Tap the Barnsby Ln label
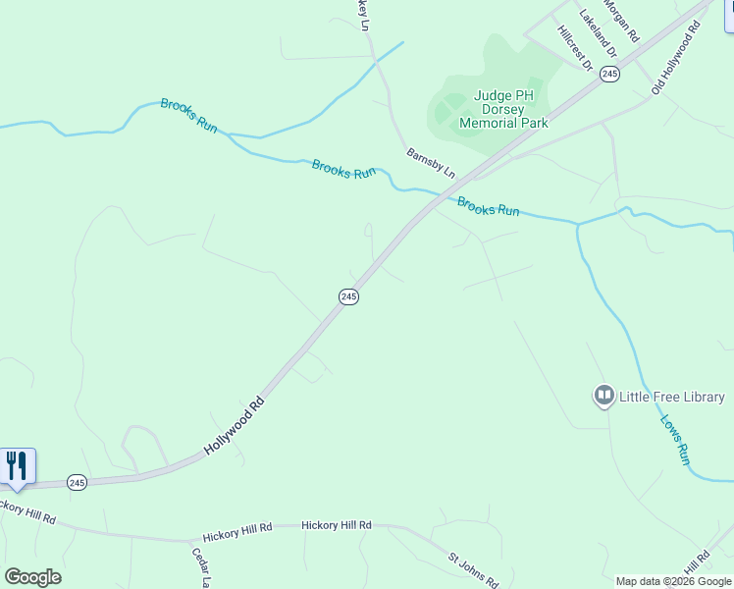click(x=431, y=162)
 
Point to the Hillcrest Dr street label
click(x=575, y=47)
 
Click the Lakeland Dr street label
click(x=598, y=31)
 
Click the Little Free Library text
click(x=672, y=397)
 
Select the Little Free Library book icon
click(x=603, y=397)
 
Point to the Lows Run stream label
click(x=675, y=440)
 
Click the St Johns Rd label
click(x=474, y=568)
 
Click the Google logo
click(x=32, y=577)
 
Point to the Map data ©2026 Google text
click(x=673, y=581)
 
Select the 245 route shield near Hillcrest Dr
click(x=610, y=74)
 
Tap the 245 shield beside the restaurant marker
click(x=78, y=482)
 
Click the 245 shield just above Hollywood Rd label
click(x=348, y=295)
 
